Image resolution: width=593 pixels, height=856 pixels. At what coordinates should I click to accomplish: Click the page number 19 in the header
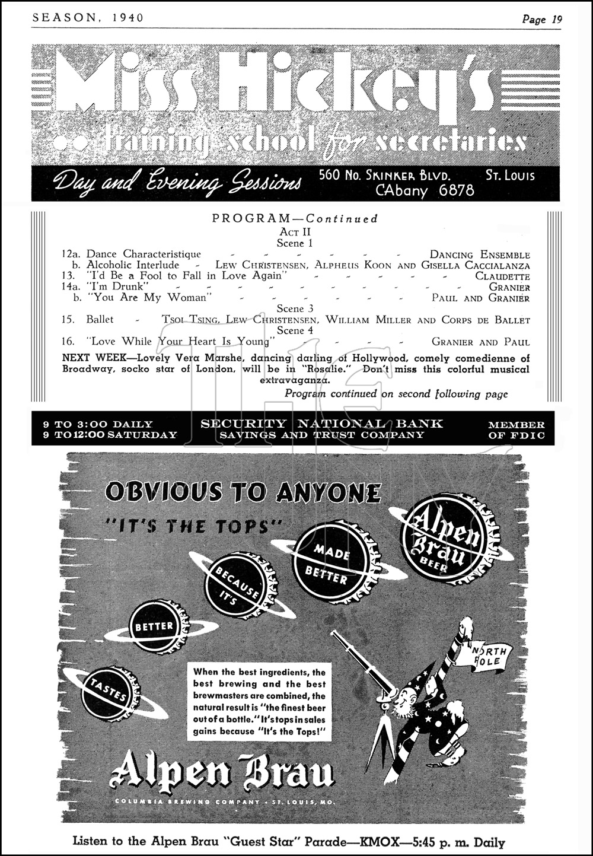coord(556,19)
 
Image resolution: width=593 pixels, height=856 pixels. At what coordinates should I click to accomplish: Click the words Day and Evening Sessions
coord(177,181)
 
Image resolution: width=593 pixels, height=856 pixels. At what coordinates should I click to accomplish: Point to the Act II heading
coord(295,232)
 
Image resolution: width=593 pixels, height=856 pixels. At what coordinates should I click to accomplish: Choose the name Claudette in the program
coord(502,276)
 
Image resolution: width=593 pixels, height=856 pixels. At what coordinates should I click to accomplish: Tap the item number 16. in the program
coord(68,341)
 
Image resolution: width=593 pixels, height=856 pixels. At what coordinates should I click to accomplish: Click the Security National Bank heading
coord(321,424)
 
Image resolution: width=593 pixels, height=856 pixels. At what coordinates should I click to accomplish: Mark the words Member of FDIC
coord(516,430)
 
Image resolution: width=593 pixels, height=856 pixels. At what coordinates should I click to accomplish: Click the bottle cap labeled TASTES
coord(111,693)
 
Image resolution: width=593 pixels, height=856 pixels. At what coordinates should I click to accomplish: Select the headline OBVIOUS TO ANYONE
coord(243,492)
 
